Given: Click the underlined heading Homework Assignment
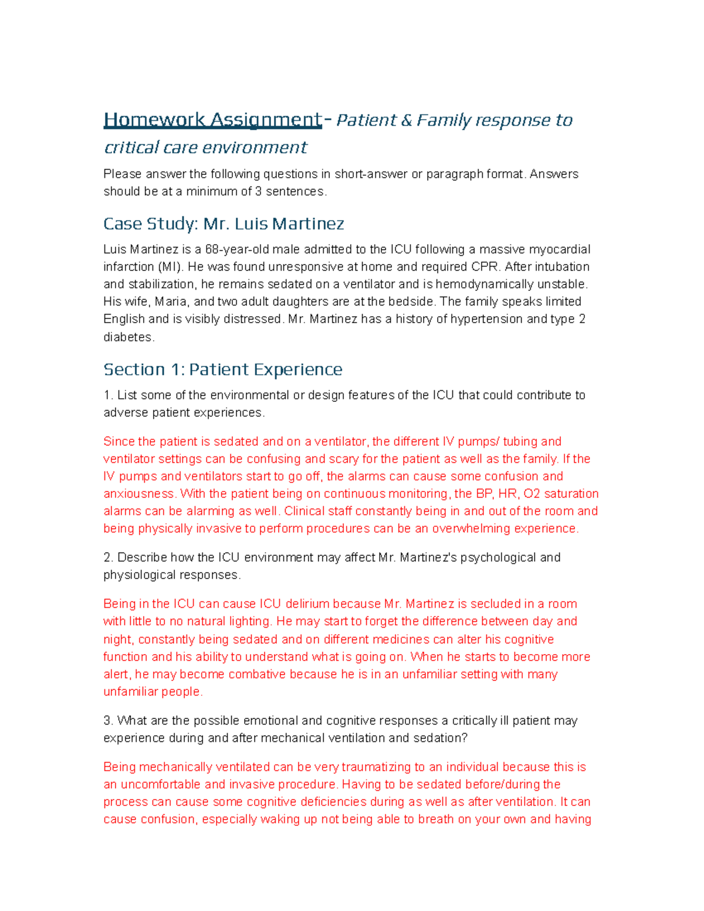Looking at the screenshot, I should click(x=212, y=120).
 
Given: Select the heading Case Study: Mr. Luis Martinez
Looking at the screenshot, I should click(x=224, y=224).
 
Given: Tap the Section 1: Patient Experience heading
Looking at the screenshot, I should click(x=222, y=370).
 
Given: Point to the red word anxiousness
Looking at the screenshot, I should click(x=140, y=494).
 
